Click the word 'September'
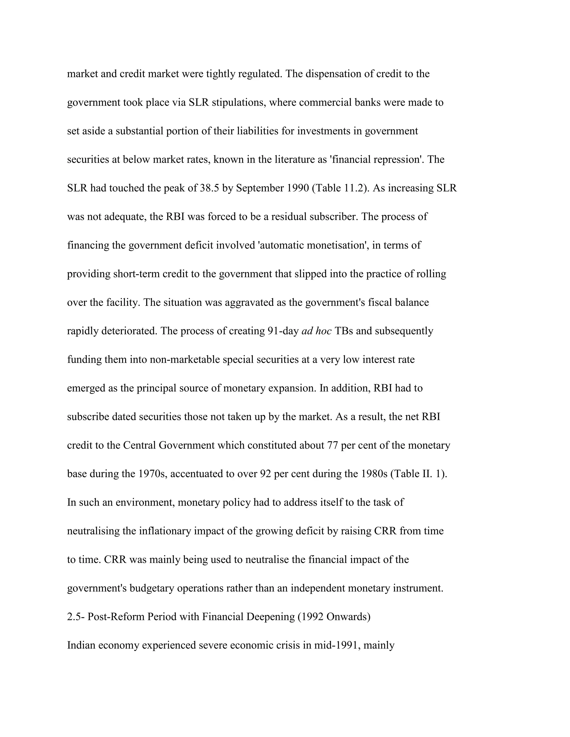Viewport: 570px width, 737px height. point(260,188)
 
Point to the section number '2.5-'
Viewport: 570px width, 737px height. point(76,617)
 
